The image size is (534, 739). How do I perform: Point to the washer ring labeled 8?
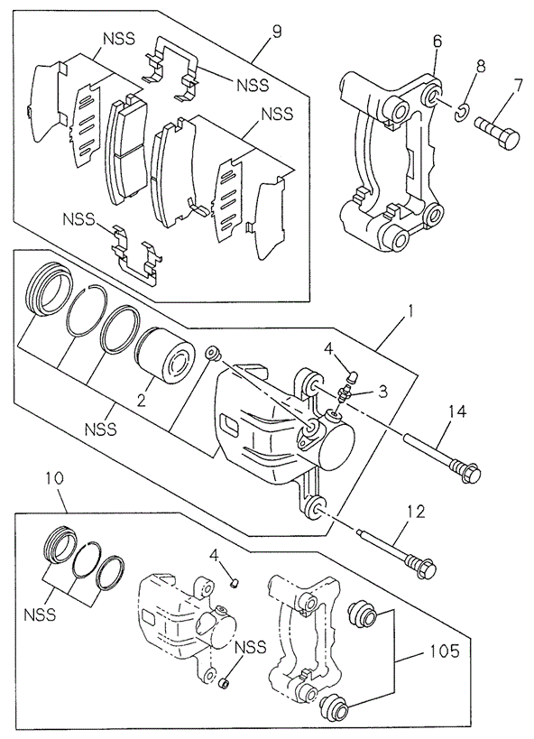coord(461,112)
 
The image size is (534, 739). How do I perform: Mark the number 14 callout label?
coord(456,412)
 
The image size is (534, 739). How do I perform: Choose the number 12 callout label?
coord(413,512)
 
